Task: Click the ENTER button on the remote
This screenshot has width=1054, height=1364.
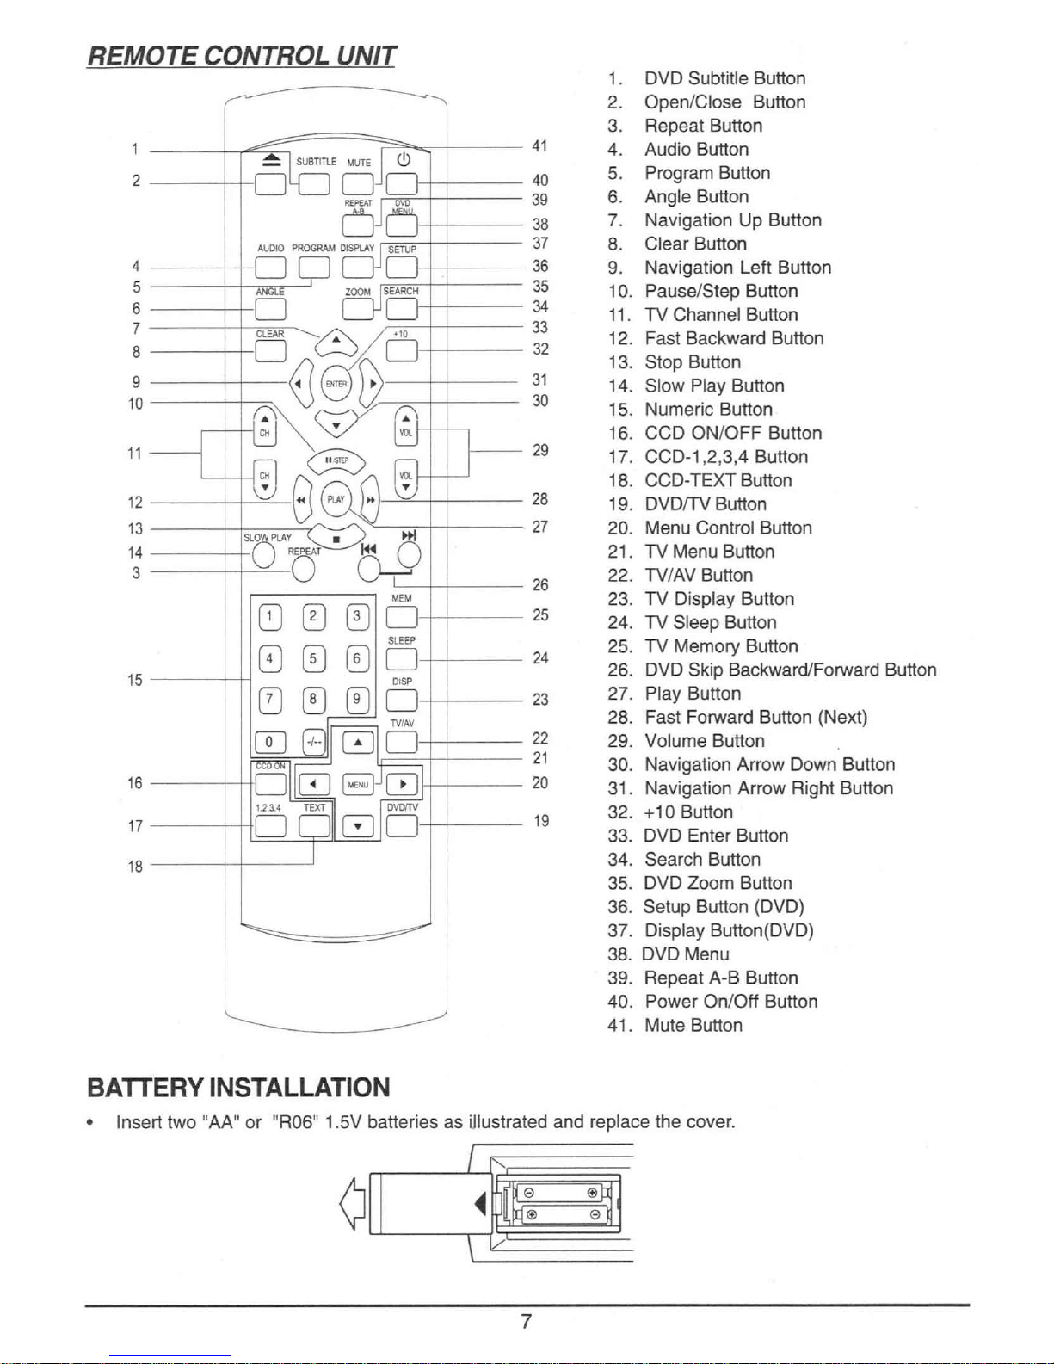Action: (x=336, y=384)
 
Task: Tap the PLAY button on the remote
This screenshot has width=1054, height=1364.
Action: (x=336, y=500)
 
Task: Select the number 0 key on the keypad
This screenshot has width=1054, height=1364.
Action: (x=269, y=742)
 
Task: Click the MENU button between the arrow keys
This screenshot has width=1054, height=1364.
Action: (x=358, y=784)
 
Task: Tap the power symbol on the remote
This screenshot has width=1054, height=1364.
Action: (x=404, y=159)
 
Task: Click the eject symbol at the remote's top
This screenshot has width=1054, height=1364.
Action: (x=272, y=161)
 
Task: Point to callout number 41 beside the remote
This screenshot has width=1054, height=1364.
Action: (x=539, y=145)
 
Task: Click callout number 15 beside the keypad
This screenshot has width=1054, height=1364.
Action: (x=135, y=680)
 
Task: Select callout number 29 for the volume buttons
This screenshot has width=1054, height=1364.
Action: (x=540, y=450)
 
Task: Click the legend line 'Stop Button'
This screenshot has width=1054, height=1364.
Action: (x=675, y=362)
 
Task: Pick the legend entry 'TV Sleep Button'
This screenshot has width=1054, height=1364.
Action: (x=692, y=623)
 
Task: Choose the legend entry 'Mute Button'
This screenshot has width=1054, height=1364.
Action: (x=675, y=1025)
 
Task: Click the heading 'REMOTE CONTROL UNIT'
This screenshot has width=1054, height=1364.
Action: (x=242, y=56)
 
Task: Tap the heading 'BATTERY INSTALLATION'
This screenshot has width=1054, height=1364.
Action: (x=238, y=1087)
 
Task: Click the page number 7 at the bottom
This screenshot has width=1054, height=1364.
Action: (x=527, y=1321)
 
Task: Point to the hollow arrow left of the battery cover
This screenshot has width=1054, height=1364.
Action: (x=352, y=1203)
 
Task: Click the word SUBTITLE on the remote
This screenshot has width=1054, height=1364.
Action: (x=317, y=162)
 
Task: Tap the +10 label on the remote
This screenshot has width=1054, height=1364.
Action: (x=400, y=334)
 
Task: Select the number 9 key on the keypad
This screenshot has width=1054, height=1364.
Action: (x=357, y=700)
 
